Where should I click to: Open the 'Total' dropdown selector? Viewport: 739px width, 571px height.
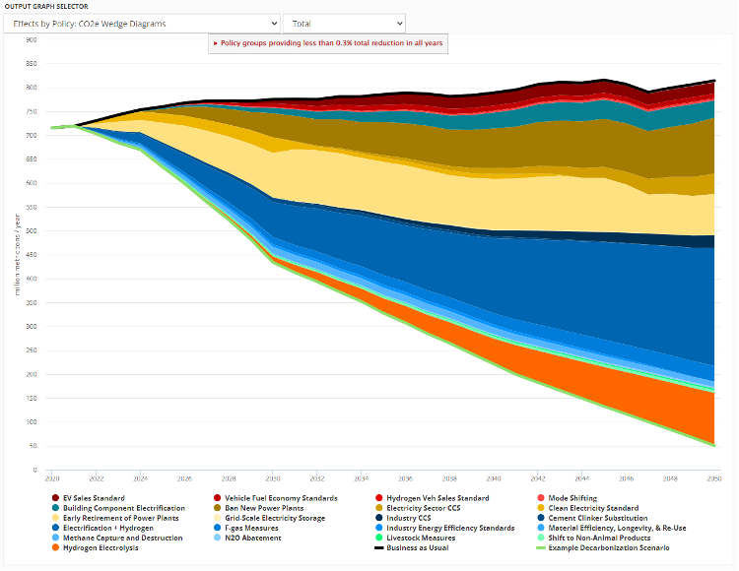[x=344, y=23]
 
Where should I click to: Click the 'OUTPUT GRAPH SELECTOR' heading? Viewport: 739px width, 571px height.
[x=46, y=6]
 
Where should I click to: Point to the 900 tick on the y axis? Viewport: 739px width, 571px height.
[x=31, y=40]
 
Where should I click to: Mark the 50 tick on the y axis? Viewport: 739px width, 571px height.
[x=33, y=446]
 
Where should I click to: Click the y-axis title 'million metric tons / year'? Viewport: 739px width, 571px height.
[x=17, y=256]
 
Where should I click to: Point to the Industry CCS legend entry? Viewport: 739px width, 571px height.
[x=417, y=518]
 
